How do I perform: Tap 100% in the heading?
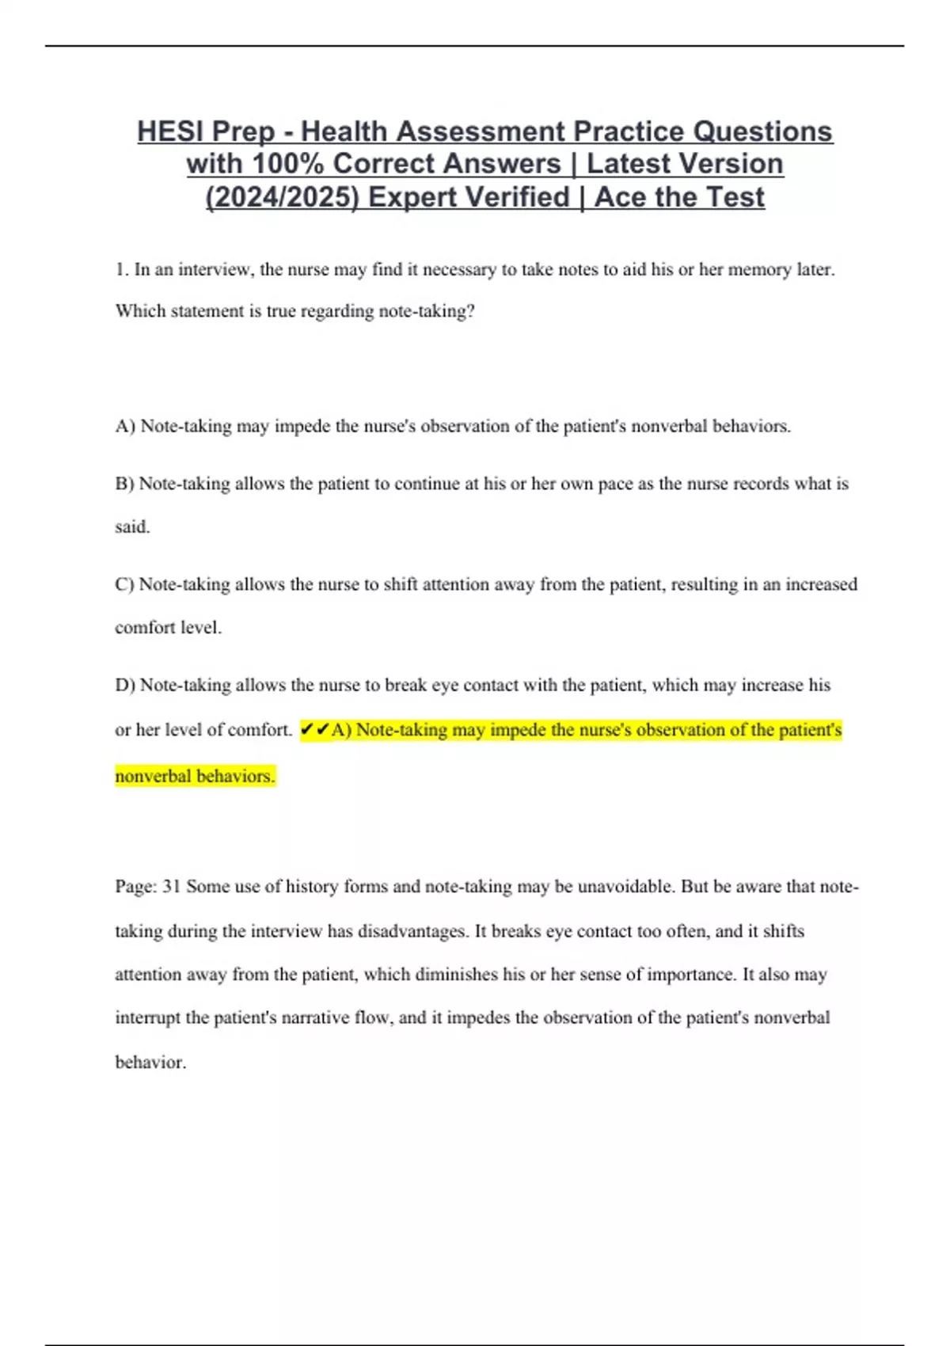pyautogui.click(x=287, y=164)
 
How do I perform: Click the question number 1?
pyautogui.click(x=120, y=270)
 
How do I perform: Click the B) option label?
pyautogui.click(x=124, y=484)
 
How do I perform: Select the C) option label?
pyautogui.click(x=124, y=584)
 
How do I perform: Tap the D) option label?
pyautogui.click(x=125, y=685)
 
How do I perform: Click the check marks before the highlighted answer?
pyautogui.click(x=314, y=730)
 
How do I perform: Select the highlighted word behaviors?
pyautogui.click(x=235, y=776)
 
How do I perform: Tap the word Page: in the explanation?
pyautogui.click(x=136, y=887)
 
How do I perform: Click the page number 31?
pyautogui.click(x=172, y=887)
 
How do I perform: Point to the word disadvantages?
pyautogui.click(x=412, y=931)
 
